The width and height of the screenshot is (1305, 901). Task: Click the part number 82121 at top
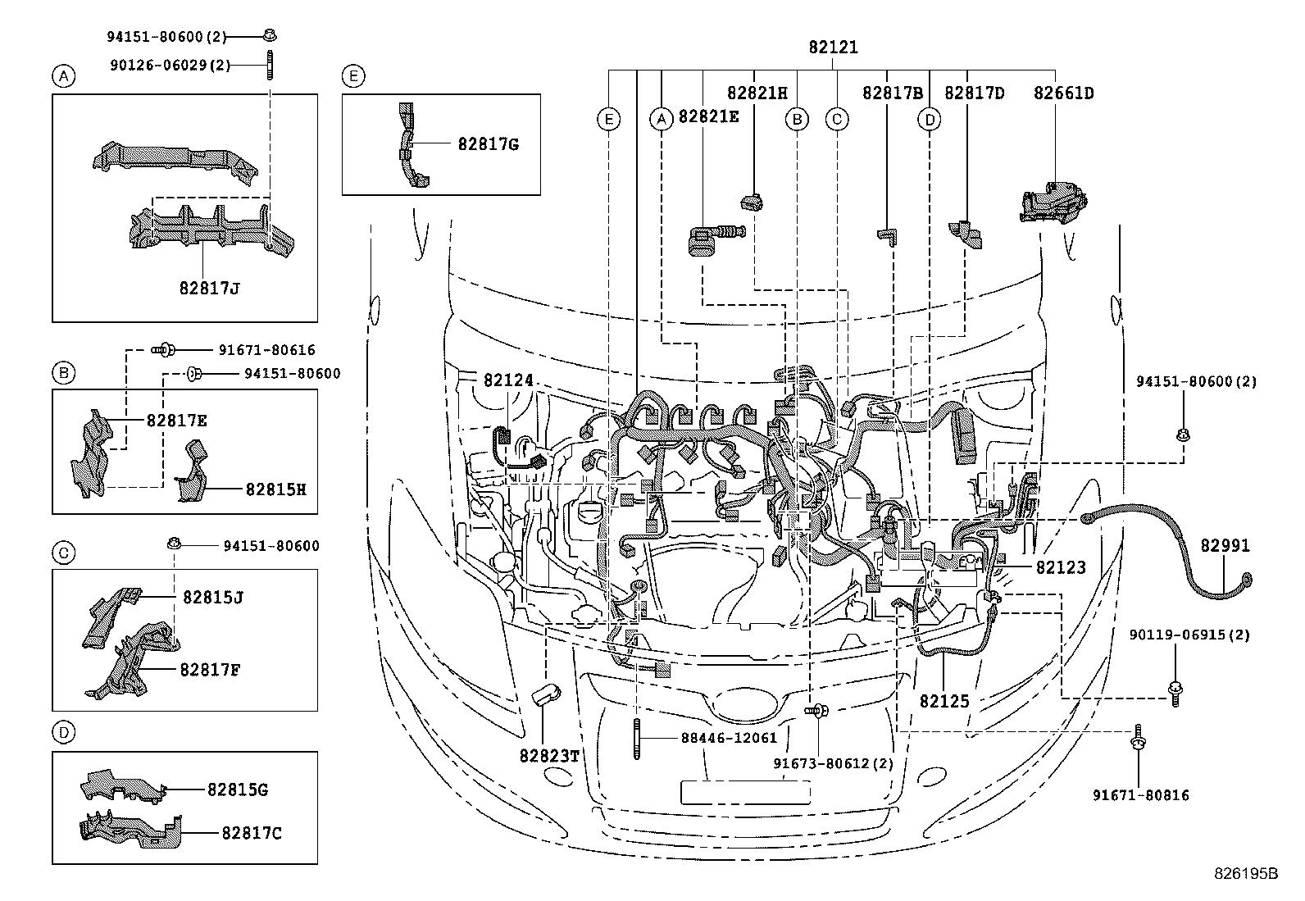pyautogui.click(x=833, y=48)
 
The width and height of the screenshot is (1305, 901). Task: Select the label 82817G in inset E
pyautogui.click(x=488, y=144)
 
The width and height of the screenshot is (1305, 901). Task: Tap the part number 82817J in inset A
pyautogui.click(x=210, y=288)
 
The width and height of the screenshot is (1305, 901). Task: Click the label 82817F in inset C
pyautogui.click(x=211, y=669)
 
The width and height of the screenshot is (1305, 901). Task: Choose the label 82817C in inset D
pyautogui.click(x=251, y=833)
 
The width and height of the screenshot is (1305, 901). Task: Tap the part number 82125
pyautogui.click(x=944, y=701)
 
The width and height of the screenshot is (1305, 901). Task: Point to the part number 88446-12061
pyautogui.click(x=728, y=737)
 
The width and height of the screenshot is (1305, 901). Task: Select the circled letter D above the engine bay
pyautogui.click(x=929, y=120)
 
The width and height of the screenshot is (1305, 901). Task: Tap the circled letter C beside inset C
pyautogui.click(x=63, y=553)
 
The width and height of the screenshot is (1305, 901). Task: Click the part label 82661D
pyautogui.click(x=1063, y=93)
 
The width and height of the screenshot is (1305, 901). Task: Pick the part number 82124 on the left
pyautogui.click(x=508, y=380)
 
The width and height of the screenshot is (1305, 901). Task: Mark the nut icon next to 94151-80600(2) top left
pyautogui.click(x=270, y=35)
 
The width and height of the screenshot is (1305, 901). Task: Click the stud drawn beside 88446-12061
pyautogui.click(x=637, y=738)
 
